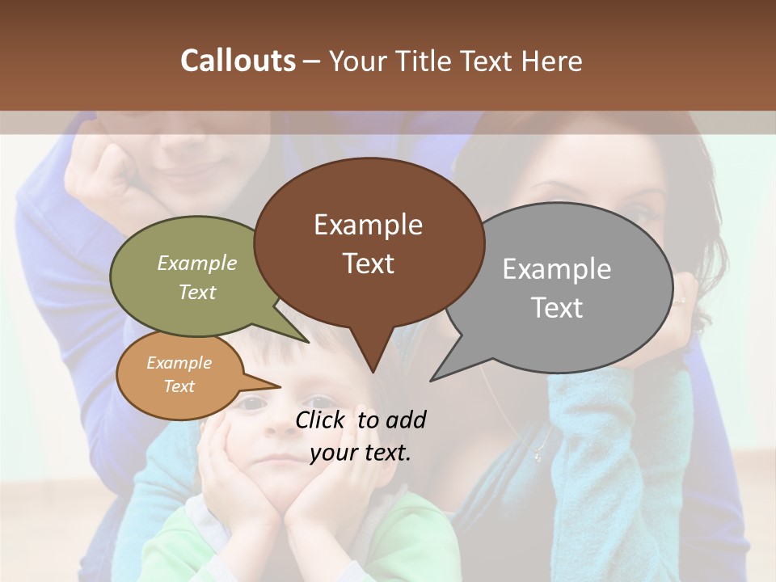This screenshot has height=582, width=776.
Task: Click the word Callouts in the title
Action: (238, 61)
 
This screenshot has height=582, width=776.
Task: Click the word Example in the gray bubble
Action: (556, 269)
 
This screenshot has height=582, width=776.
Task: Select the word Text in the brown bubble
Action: (369, 264)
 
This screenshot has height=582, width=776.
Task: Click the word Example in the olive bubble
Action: (196, 264)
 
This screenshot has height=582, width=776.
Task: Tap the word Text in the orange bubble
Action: (179, 386)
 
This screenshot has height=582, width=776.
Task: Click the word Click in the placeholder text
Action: (322, 420)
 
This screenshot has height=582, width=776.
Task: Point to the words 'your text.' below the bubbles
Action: (361, 453)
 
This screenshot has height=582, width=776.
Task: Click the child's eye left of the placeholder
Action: (251, 403)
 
